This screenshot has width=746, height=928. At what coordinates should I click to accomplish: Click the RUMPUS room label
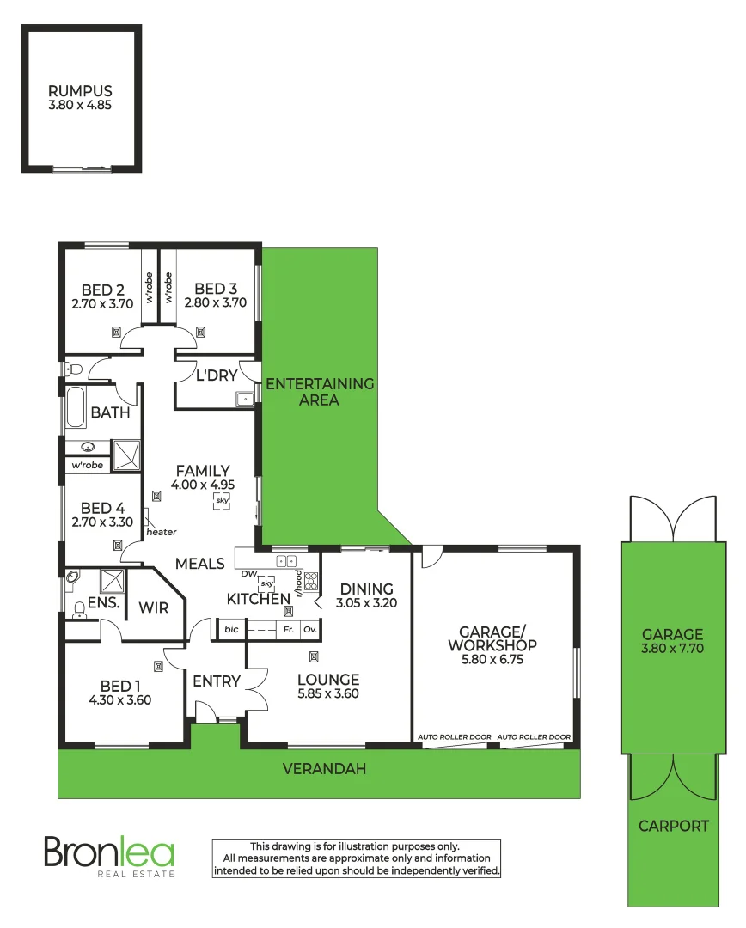80,90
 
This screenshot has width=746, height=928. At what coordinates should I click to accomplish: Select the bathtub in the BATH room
76,408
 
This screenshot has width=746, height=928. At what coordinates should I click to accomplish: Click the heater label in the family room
161,532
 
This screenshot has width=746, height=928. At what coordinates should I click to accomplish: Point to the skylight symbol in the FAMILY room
222,500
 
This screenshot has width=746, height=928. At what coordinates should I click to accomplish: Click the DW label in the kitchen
249,573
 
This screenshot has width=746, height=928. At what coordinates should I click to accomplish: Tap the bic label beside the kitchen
230,630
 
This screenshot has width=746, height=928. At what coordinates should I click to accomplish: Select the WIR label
154,607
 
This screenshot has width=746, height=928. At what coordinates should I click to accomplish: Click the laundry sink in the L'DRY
245,398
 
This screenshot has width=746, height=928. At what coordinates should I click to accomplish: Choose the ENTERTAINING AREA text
320,392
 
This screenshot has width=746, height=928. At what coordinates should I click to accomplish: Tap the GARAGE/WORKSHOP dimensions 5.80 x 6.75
492,659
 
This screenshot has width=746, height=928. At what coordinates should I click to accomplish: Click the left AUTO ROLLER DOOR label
454,737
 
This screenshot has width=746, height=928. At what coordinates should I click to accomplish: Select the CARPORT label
673,826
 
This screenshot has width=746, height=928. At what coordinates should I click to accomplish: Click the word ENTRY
217,681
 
